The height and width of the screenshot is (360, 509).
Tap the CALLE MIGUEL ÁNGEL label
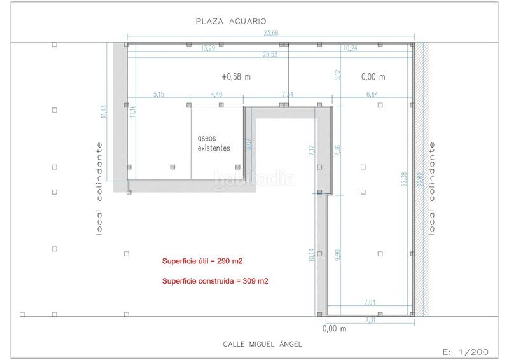[x=262, y=344]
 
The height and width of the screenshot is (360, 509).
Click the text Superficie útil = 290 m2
[x=202, y=261]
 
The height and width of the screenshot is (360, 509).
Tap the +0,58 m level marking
[x=236, y=77]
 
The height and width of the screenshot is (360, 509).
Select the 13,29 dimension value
[x=207, y=48]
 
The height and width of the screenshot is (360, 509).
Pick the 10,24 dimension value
[x=351, y=48]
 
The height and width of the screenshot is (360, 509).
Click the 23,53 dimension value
[x=272, y=55]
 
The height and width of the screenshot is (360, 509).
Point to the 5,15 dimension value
[x=159, y=94]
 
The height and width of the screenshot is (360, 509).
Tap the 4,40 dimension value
[x=216, y=94]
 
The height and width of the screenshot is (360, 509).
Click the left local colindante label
[x=99, y=188]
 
